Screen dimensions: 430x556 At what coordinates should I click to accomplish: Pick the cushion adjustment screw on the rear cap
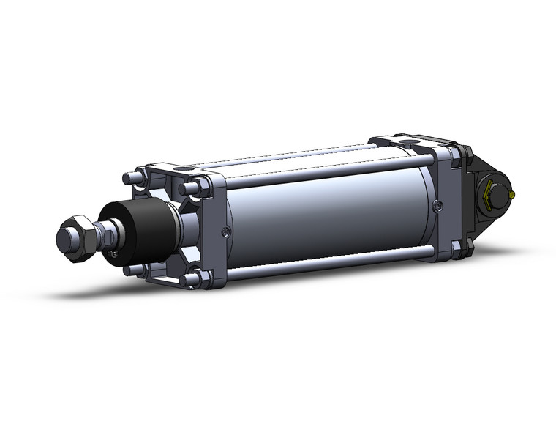(x=437, y=207)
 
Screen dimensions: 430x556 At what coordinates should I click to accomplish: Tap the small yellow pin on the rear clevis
(x=514, y=195)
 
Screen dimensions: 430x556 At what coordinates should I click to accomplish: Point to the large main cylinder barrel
(x=329, y=212)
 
